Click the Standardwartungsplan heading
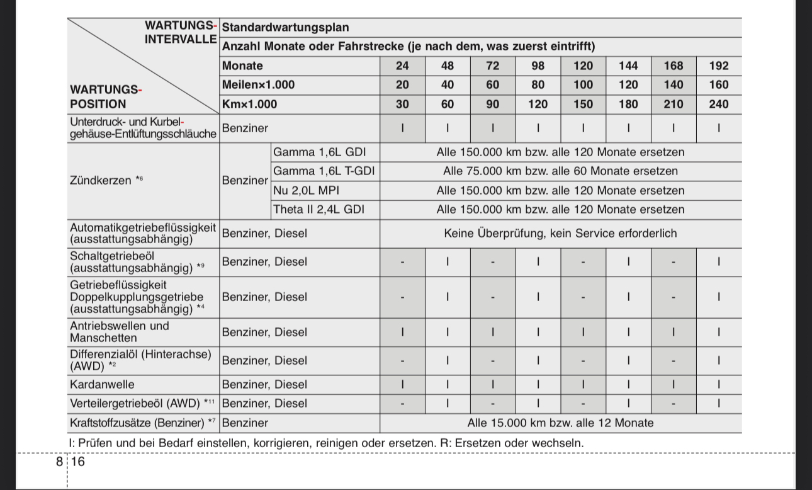tap(285, 28)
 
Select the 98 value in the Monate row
tap(538, 66)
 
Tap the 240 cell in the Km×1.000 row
tap(718, 105)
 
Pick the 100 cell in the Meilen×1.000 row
tap(583, 85)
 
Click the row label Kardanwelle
tap(101, 385)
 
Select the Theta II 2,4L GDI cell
tap(319, 210)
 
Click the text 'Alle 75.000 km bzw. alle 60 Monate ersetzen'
tap(560, 171)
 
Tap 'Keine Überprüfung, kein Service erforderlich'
tap(560, 234)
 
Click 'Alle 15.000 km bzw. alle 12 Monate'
tap(560, 423)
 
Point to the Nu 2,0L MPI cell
tap(306, 191)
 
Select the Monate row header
tap(243, 66)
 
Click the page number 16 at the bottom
tap(78, 462)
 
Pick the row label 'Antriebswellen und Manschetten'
tap(120, 332)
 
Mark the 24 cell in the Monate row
tap(402, 66)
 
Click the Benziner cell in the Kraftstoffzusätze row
tap(245, 423)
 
